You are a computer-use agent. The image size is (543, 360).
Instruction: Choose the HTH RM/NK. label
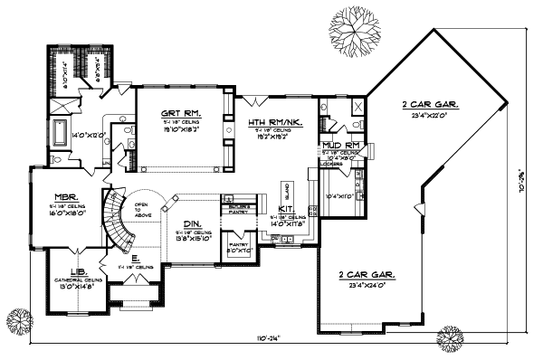pos(267,121)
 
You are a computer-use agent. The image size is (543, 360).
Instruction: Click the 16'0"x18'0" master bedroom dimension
pos(66,214)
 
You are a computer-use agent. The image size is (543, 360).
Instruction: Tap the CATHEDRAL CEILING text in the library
pos(78,280)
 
